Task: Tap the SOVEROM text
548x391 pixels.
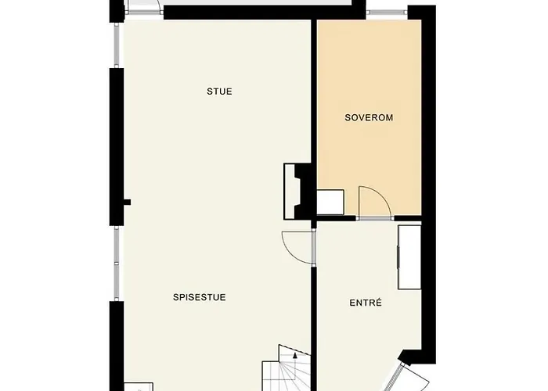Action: click(x=368, y=118)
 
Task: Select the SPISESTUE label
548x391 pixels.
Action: click(x=200, y=297)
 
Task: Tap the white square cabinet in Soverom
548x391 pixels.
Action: click(x=330, y=202)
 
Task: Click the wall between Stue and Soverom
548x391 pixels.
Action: click(x=313, y=94)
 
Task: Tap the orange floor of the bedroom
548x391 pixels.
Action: click(x=368, y=78)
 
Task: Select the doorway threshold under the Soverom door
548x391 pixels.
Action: click(x=374, y=218)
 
